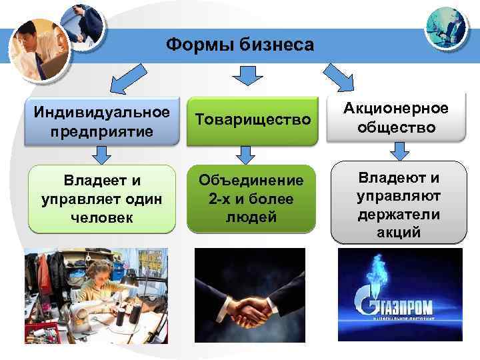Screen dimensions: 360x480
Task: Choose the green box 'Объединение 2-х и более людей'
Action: pyautogui.click(x=251, y=199)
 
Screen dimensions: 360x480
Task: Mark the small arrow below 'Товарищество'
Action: pyautogui.click(x=246, y=155)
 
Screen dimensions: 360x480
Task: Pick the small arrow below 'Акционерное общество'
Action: pyautogui.click(x=398, y=152)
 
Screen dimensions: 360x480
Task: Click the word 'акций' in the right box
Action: pyautogui.click(x=398, y=233)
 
